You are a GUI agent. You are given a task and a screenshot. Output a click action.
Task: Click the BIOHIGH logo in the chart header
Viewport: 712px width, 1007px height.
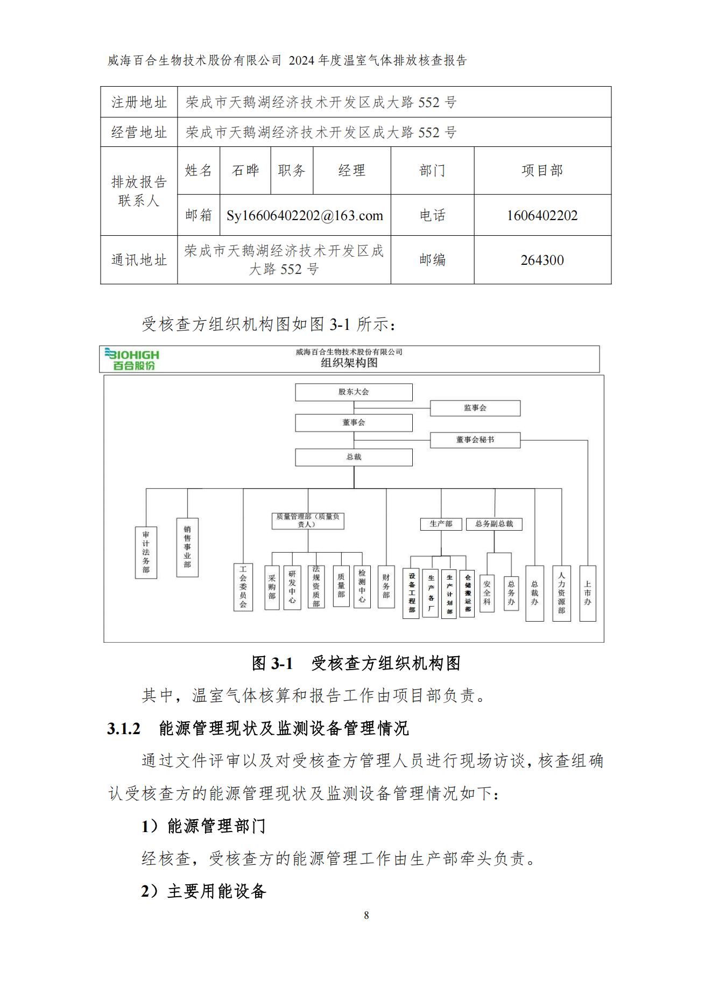(x=132, y=360)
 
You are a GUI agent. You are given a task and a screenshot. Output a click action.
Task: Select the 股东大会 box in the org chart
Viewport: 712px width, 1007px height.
(x=354, y=392)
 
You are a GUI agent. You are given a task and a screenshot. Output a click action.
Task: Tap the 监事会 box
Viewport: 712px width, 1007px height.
(x=475, y=408)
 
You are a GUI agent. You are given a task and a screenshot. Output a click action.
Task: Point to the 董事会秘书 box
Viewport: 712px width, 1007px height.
(x=475, y=440)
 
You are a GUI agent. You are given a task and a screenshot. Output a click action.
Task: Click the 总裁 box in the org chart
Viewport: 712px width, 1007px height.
(x=354, y=457)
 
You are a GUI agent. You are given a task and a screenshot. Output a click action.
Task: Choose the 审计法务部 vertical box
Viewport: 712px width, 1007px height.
(x=146, y=552)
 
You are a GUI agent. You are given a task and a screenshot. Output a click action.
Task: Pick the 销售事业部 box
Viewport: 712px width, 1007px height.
(x=187, y=547)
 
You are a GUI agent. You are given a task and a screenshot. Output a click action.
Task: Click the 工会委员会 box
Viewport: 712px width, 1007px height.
(x=243, y=587)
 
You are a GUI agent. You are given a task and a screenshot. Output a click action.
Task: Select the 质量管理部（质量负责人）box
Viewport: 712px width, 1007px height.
(x=308, y=520)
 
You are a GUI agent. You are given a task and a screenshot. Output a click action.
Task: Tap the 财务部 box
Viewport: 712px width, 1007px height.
(x=386, y=586)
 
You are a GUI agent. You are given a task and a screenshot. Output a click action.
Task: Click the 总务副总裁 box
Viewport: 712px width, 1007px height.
(x=494, y=524)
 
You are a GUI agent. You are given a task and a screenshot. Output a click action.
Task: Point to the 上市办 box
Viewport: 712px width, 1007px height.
(x=587, y=593)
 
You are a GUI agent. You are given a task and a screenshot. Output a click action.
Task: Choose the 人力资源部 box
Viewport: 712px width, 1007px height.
(x=561, y=593)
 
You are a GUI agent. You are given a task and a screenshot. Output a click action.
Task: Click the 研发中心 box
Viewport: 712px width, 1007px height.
(x=292, y=587)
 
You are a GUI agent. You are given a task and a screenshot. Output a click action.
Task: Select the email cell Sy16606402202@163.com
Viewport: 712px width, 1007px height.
(x=305, y=215)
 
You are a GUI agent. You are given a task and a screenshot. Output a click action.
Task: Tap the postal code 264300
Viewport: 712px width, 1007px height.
(x=542, y=260)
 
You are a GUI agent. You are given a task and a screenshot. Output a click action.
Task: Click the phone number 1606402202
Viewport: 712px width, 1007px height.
(x=542, y=215)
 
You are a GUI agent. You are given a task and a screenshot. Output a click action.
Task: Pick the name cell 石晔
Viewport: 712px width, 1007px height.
(x=245, y=171)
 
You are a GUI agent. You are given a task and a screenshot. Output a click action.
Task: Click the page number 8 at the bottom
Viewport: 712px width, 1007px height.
(x=366, y=915)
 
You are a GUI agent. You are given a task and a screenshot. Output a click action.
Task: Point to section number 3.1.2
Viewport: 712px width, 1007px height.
(x=124, y=729)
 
